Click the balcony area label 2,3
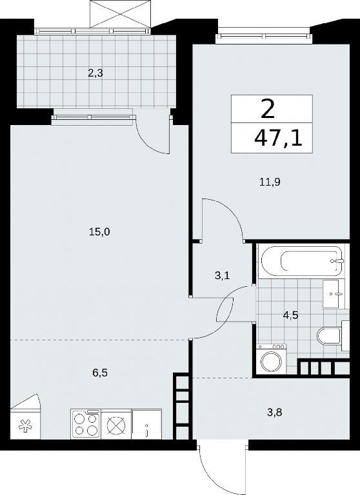coord(96,74)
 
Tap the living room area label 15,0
coord(99,233)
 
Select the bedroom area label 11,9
coord(270,182)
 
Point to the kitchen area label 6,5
coord(100,373)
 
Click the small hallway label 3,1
coord(222,276)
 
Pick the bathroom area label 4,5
coord(291,315)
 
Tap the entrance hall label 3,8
coord(274,412)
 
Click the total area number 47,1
coord(278,139)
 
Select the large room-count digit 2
coord(268,108)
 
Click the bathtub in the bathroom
coord(301,261)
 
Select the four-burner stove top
coord(86,424)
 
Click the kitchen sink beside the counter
coord(147,423)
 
